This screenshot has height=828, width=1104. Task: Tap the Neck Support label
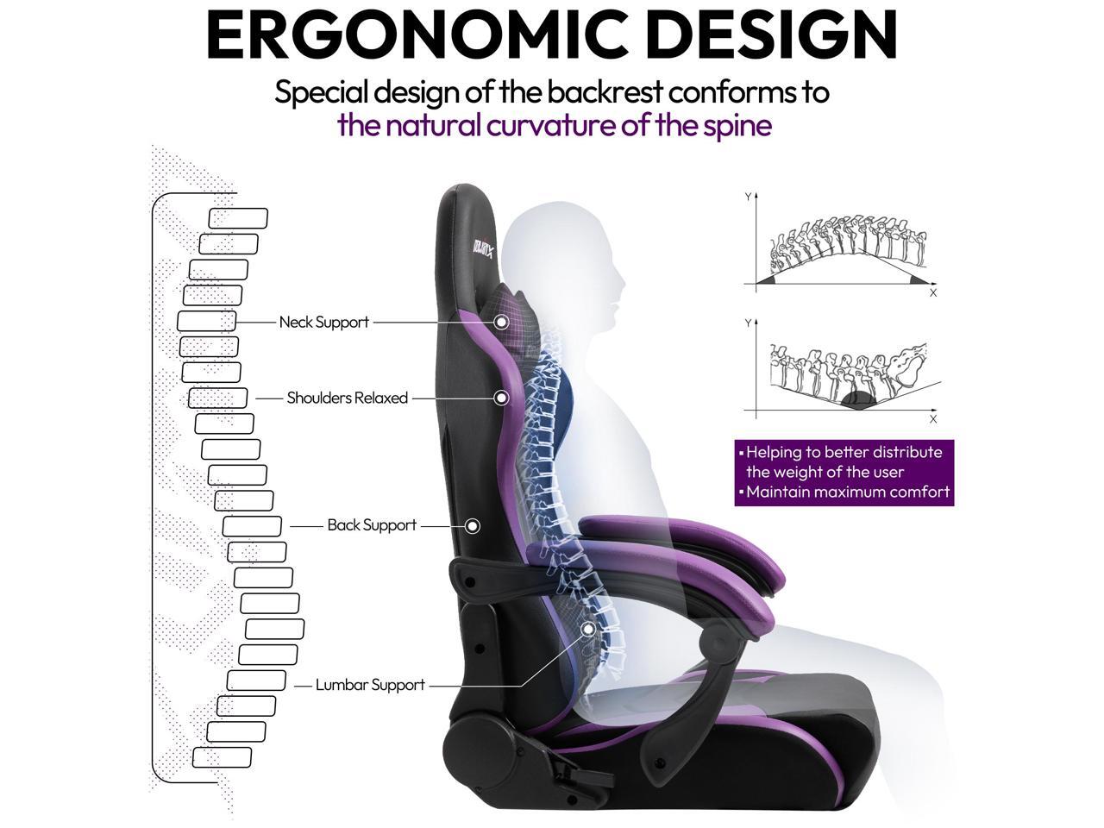pos(323,323)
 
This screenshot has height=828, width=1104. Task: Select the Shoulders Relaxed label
pos(347,398)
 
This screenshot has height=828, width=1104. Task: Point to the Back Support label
pos(372,525)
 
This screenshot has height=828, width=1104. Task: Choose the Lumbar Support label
pos(370,686)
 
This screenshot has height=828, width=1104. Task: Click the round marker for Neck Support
pos(501,322)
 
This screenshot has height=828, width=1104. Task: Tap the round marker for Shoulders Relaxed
pos(501,398)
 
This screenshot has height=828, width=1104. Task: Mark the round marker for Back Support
pos(473,525)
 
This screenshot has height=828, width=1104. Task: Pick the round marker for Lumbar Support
pos(588,629)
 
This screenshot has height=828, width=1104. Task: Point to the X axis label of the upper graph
pos(933,293)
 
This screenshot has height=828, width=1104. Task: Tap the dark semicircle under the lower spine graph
pos(857,399)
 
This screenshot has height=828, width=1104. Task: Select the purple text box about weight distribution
pos(844,473)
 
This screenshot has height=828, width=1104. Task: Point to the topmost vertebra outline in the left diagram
pos(239,219)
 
